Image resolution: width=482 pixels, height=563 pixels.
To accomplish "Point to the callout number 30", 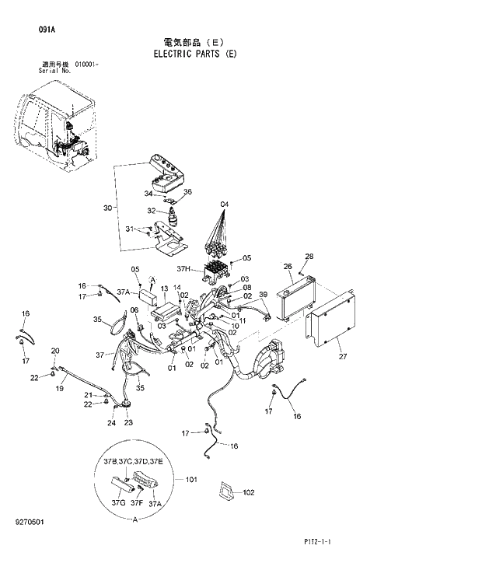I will click(x=107, y=208).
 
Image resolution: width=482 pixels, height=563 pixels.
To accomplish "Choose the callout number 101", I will click(x=191, y=480).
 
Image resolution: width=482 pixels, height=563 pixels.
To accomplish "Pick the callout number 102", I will click(x=249, y=492).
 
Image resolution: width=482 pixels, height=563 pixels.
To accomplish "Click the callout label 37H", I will click(x=183, y=269).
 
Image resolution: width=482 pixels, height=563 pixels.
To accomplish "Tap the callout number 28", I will click(x=309, y=257).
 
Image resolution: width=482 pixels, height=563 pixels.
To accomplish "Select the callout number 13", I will click(x=164, y=288).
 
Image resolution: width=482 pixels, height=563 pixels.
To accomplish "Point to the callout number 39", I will click(x=263, y=295).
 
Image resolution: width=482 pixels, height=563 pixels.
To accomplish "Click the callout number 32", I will click(x=152, y=211).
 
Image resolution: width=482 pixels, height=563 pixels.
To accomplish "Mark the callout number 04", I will click(x=224, y=205).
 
